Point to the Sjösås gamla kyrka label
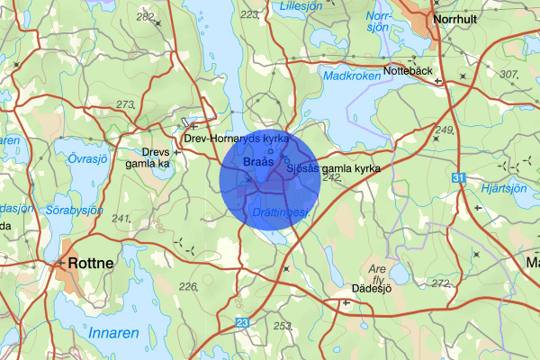coord(333,168)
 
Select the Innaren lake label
coord(114,333)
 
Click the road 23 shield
coord(242,321)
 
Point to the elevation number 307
coord(509,74)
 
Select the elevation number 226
coord(188,287)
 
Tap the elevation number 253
coord(283,326)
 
